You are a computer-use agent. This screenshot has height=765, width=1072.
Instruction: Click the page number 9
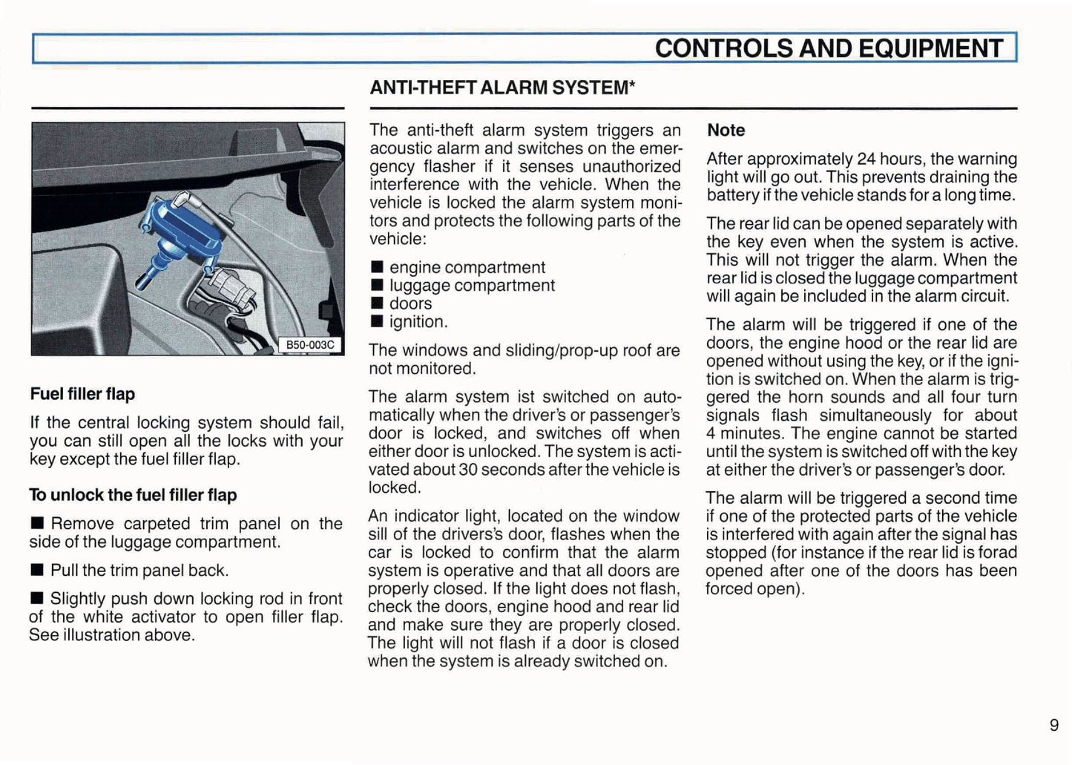point(1053,725)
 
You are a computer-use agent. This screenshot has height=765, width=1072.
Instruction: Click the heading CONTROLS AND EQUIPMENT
point(828,49)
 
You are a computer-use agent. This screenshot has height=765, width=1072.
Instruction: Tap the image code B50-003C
point(310,345)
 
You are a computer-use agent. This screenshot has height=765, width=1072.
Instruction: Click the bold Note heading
point(726,131)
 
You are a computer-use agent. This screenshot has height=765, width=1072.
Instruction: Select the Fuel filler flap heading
point(82,394)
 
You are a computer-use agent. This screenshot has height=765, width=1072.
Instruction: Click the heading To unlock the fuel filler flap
point(133,495)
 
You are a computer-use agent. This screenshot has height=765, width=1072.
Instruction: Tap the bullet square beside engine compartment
point(377,268)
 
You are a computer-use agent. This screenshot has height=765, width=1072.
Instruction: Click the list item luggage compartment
point(472,286)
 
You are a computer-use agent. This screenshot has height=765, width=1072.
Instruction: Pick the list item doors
point(410,303)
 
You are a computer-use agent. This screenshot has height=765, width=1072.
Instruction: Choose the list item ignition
point(418,322)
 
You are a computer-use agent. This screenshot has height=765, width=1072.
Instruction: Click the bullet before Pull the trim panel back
point(37,571)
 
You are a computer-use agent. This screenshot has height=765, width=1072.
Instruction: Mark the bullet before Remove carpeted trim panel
point(37,524)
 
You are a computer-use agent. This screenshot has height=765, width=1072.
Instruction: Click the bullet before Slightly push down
point(37,599)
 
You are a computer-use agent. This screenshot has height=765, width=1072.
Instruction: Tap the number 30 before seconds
point(467,470)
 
